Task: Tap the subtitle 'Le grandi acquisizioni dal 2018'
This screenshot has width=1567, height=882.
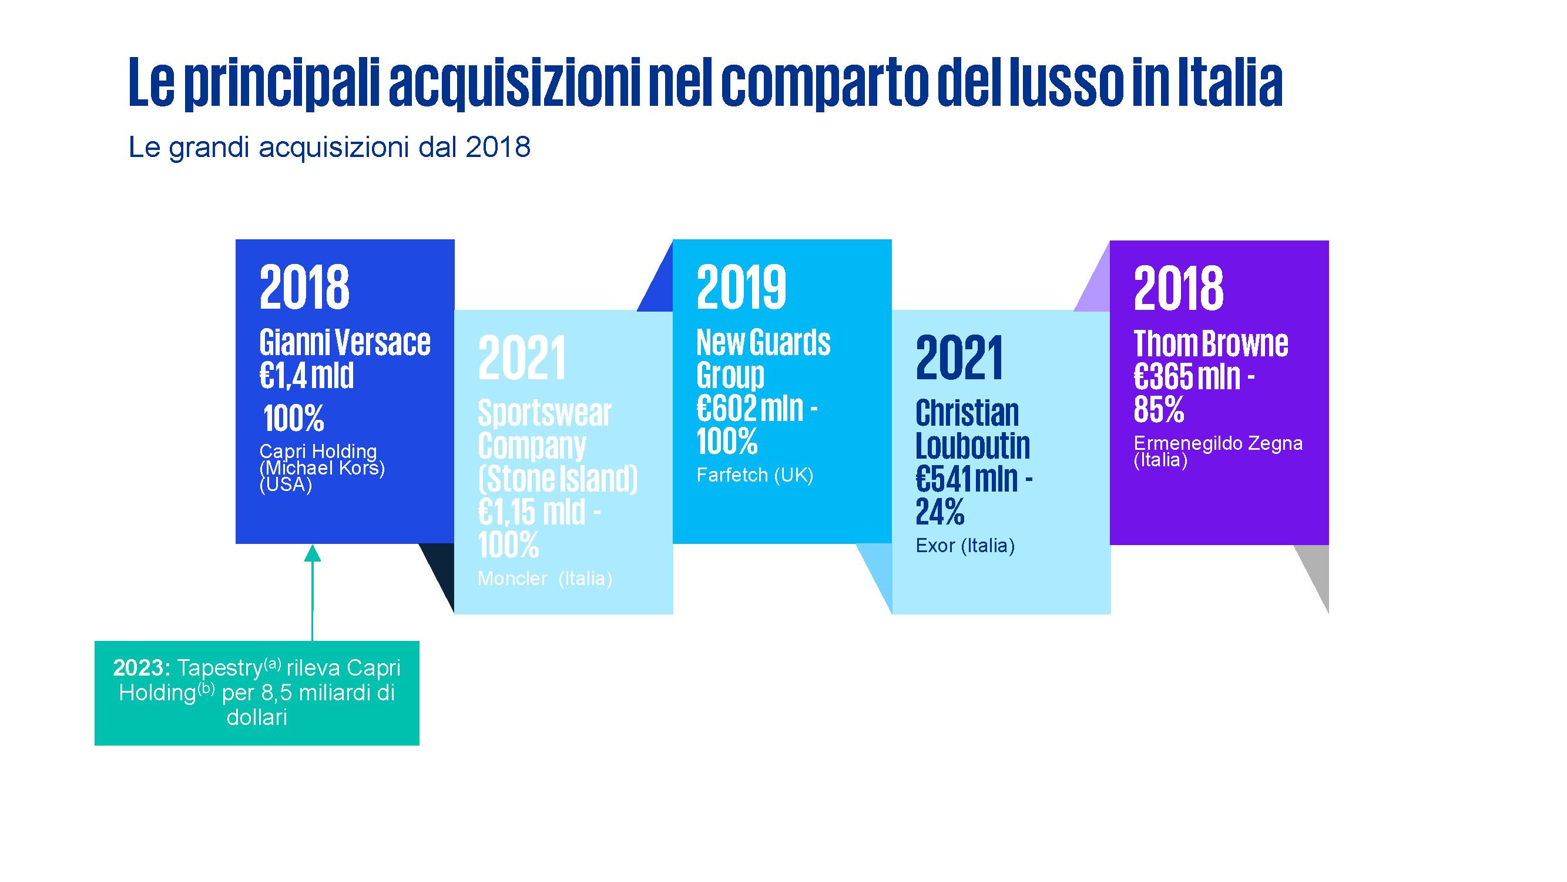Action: click(x=329, y=148)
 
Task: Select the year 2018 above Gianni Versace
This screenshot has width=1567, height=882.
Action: click(x=304, y=288)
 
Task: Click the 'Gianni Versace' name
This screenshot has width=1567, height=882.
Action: click(x=344, y=343)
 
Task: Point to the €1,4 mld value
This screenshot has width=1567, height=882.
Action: click(x=307, y=376)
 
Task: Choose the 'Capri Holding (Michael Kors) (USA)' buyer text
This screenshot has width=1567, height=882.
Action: click(x=321, y=468)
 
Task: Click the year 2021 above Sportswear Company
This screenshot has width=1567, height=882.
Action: click(x=522, y=358)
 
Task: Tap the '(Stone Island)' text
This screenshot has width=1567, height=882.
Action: click(x=557, y=479)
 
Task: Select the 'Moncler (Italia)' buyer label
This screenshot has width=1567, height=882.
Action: click(x=545, y=578)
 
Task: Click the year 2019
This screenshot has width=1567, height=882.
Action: click(x=741, y=288)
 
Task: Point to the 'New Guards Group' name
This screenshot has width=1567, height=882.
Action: click(x=763, y=359)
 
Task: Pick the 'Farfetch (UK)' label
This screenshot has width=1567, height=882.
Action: click(x=754, y=475)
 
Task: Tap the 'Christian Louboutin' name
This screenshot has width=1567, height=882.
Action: click(x=972, y=429)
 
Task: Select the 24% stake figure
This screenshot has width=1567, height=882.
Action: click(x=940, y=512)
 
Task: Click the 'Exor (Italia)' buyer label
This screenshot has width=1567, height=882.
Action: click(x=965, y=546)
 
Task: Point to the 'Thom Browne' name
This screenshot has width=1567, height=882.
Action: click(x=1210, y=344)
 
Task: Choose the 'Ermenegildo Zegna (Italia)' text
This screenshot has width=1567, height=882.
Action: click(x=1218, y=451)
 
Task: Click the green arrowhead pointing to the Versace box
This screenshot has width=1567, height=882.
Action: click(x=312, y=553)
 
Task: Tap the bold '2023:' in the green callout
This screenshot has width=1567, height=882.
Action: click(x=141, y=669)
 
